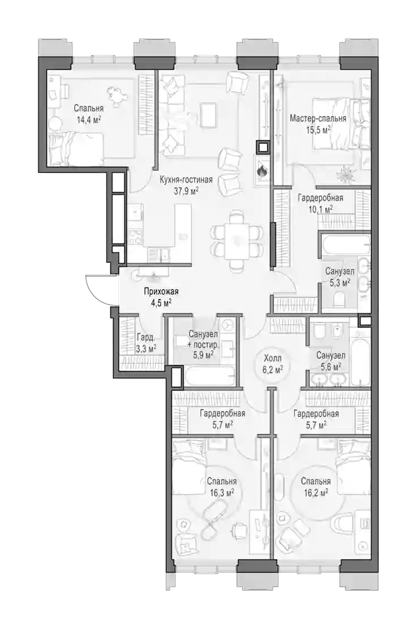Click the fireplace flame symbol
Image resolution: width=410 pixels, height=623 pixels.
(261, 171)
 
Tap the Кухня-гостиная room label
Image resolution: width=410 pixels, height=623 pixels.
(186, 179)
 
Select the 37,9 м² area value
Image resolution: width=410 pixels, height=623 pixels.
(186, 191)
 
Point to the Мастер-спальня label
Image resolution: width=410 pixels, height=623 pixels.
(318, 118)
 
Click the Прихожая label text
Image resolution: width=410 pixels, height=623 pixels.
(161, 291)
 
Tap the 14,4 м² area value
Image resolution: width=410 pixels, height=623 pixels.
(89, 119)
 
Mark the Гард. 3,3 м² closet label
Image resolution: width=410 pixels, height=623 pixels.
(146, 343)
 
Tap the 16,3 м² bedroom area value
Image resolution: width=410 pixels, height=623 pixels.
(222, 493)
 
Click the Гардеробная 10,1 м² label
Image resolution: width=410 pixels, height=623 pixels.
(320, 203)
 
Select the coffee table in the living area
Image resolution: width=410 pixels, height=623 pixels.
(208, 115)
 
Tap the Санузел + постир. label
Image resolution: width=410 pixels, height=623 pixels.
(203, 339)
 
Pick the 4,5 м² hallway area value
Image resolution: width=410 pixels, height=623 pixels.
(162, 303)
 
